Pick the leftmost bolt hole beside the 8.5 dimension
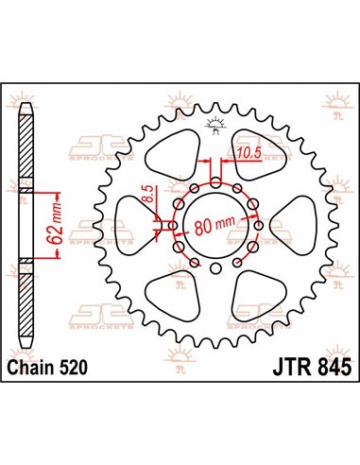pyautogui.click(x=171, y=225)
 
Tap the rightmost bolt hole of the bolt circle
pyautogui.click(x=263, y=225)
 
